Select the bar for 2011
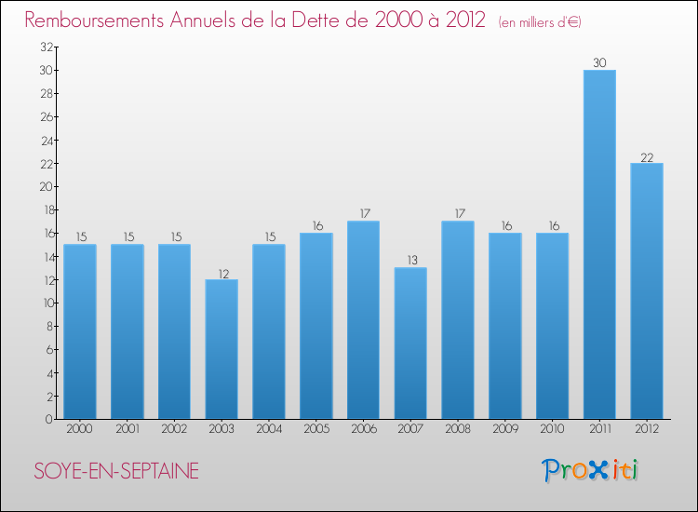click(x=599, y=244)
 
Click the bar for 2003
click(x=221, y=349)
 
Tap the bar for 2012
click(x=647, y=290)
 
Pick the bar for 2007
click(x=410, y=343)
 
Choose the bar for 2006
click(x=363, y=319)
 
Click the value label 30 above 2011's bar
click(x=599, y=63)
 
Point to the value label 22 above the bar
click(x=647, y=156)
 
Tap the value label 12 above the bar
click(x=221, y=273)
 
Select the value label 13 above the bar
click(x=410, y=261)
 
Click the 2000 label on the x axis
click(x=80, y=429)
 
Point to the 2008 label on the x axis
click(x=458, y=429)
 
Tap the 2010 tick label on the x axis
click(x=552, y=429)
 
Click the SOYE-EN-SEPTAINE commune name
click(x=116, y=471)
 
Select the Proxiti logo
click(x=591, y=470)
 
